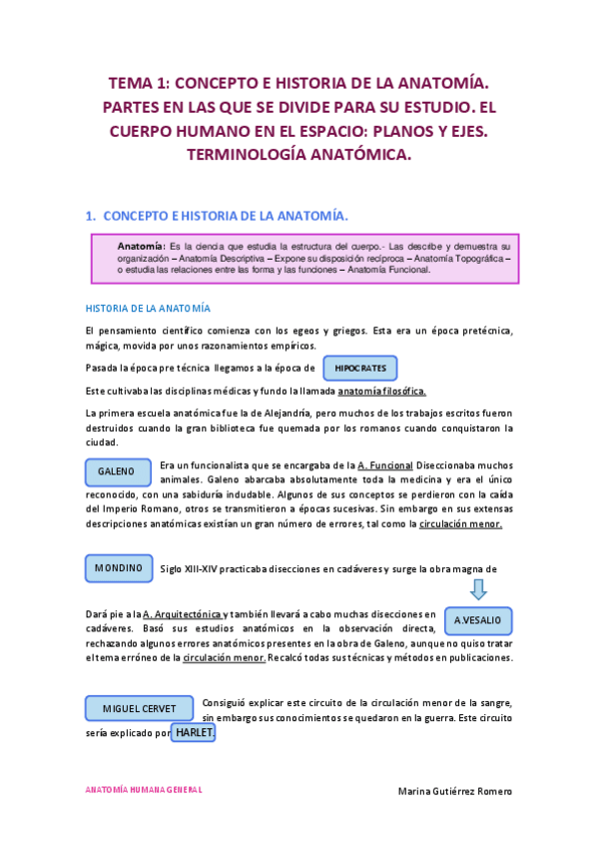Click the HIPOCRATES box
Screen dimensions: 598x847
[360, 369]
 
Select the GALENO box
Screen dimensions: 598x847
[119, 470]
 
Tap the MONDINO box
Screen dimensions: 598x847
[119, 568]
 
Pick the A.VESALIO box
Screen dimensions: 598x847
[477, 620]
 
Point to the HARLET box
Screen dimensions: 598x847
[194, 733]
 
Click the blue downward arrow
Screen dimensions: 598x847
[477, 589]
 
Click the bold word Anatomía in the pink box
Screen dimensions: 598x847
[142, 246]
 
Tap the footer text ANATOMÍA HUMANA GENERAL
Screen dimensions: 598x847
[144, 789]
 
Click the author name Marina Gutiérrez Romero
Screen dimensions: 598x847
[454, 790]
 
